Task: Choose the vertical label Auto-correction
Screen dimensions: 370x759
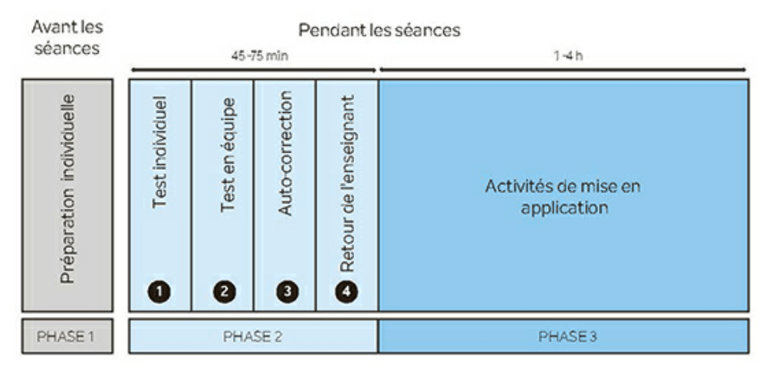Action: click(285, 154)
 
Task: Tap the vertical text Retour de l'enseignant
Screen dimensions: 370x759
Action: click(347, 184)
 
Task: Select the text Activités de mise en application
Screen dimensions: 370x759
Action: click(563, 197)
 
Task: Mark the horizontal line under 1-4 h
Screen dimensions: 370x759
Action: click(563, 71)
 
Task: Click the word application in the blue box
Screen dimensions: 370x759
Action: click(563, 207)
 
